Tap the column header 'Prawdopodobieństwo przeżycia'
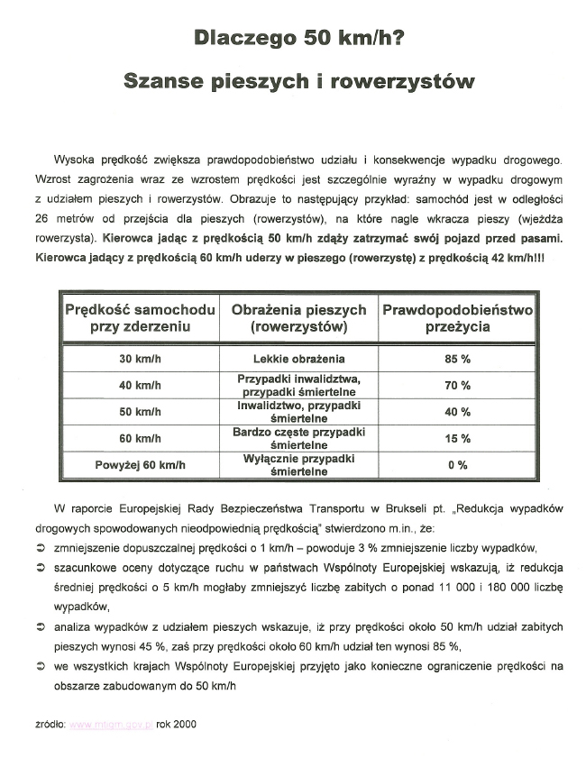tap(457, 318)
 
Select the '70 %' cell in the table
tap(457, 386)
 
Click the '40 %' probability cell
tap(457, 413)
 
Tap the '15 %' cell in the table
tap(457, 439)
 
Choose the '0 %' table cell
tap(457, 466)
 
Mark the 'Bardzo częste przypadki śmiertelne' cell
tap(299, 439)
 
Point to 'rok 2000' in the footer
tap(176, 724)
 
